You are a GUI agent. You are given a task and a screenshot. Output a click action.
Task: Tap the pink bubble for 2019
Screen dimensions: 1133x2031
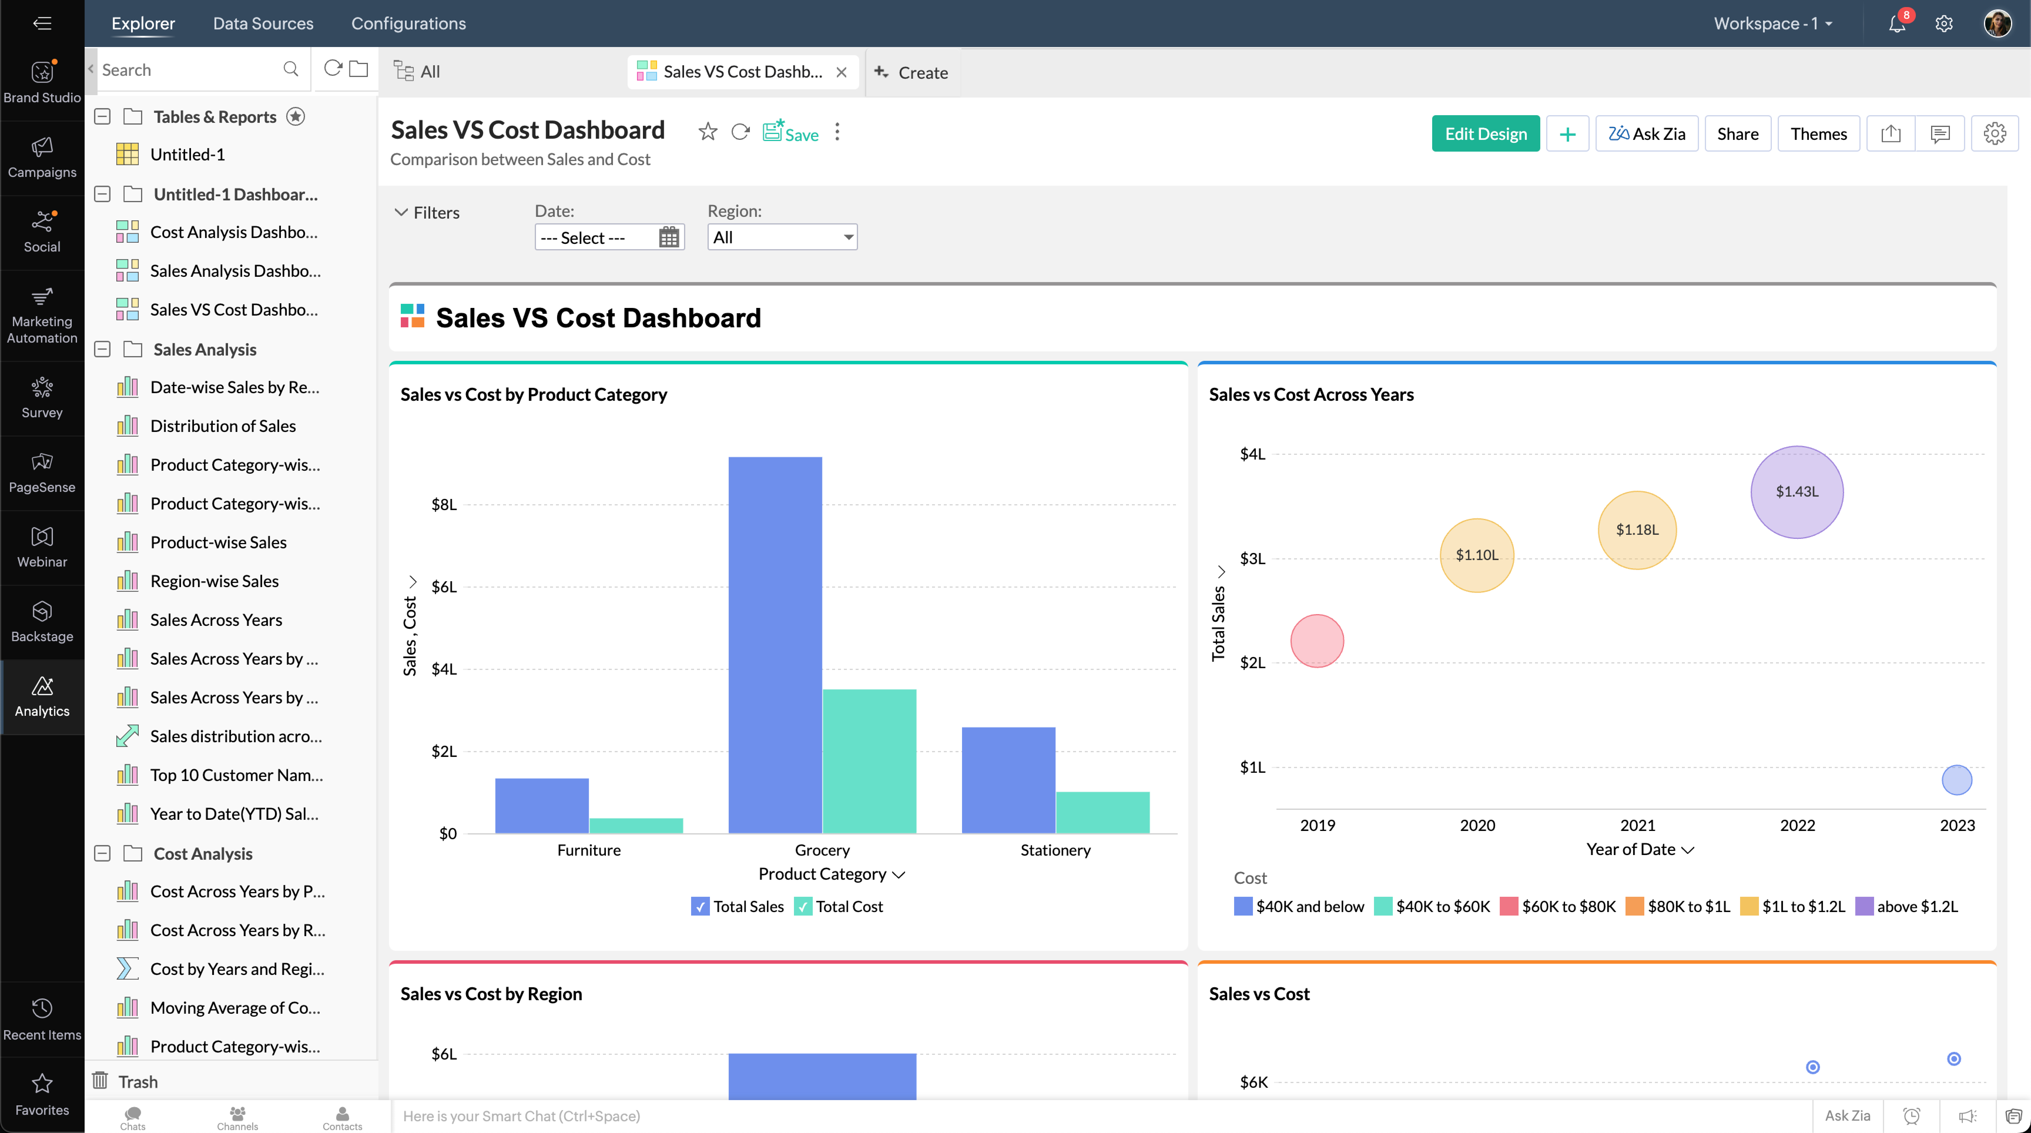click(x=1317, y=641)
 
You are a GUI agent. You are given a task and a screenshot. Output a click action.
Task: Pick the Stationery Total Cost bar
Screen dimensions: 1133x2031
click(x=1102, y=812)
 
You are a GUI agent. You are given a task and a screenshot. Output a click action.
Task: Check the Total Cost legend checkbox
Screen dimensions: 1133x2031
click(x=803, y=907)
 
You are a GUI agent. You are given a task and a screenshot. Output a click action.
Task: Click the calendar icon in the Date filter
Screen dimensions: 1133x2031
click(x=668, y=237)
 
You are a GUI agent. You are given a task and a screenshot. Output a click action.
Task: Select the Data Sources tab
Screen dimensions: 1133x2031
click(x=263, y=24)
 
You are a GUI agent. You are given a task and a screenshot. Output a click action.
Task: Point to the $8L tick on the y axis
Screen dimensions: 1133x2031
click(x=444, y=505)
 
